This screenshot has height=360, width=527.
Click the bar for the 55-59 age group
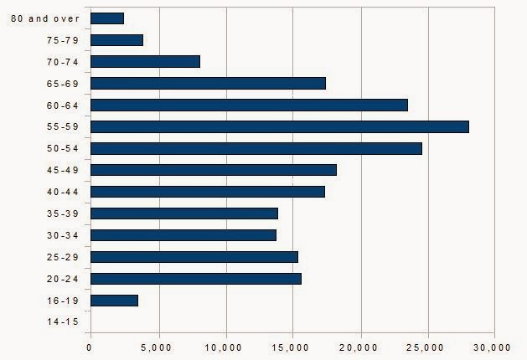coord(279,126)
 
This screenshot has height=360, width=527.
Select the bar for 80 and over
coord(106,18)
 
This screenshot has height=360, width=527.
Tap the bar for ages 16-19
coord(114,300)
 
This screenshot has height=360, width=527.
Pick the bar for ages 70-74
coord(145,61)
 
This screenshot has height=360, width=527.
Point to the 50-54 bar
coord(256,148)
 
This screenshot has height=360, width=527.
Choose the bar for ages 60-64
coord(249,105)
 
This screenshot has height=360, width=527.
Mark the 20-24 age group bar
coord(195,278)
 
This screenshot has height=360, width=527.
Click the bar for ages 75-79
coord(116,39)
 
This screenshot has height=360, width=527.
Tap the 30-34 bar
coord(183,235)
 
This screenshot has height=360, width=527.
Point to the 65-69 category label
coord(64,83)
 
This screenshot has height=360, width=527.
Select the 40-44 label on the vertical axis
coord(64,192)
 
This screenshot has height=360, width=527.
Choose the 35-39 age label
coord(64,213)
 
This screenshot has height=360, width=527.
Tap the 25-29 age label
coord(64,257)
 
